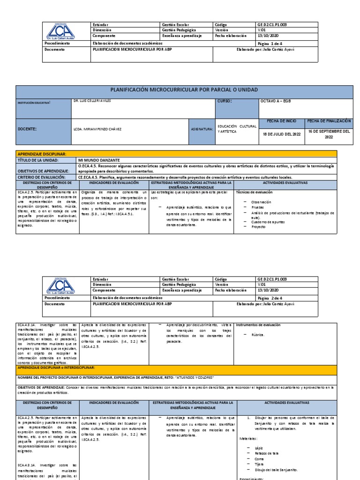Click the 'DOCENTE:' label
point(27,129)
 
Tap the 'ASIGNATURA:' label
point(202,129)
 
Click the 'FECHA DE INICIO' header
point(281,121)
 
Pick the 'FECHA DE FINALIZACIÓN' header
point(329,121)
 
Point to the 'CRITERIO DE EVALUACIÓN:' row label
point(41,177)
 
